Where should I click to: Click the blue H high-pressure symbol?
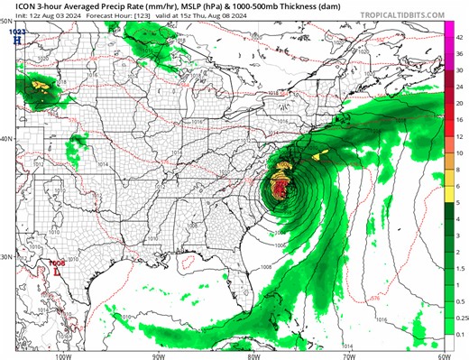coord(15,41)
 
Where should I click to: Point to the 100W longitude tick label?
coord(61,355)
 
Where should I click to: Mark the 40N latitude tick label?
coord(5,138)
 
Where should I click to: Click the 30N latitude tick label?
coord(5,257)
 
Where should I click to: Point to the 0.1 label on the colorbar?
coord(459,334)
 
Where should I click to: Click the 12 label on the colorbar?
coord(459,134)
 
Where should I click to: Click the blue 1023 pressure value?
coord(15,32)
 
